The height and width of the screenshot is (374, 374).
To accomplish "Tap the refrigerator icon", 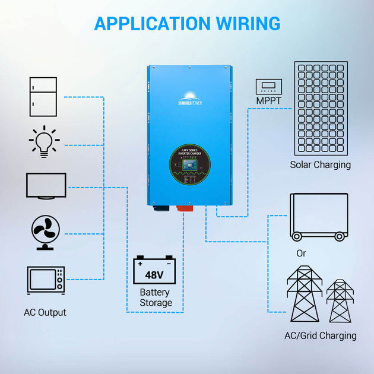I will (43, 97).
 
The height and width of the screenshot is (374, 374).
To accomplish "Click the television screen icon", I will (46, 186).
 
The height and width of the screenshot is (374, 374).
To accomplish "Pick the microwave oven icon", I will (46, 280).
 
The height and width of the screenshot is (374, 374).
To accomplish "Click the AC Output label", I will (45, 312).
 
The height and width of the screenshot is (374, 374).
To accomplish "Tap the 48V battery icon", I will (154, 271).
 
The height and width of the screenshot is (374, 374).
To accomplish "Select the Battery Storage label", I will (155, 297).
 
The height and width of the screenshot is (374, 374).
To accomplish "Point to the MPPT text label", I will (269, 101).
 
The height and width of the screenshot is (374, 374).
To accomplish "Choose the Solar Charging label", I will (321, 165).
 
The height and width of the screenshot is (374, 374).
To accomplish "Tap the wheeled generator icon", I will (318, 217).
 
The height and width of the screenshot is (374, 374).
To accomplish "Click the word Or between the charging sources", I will (302, 253).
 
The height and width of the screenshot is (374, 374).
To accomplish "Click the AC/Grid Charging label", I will (321, 335).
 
